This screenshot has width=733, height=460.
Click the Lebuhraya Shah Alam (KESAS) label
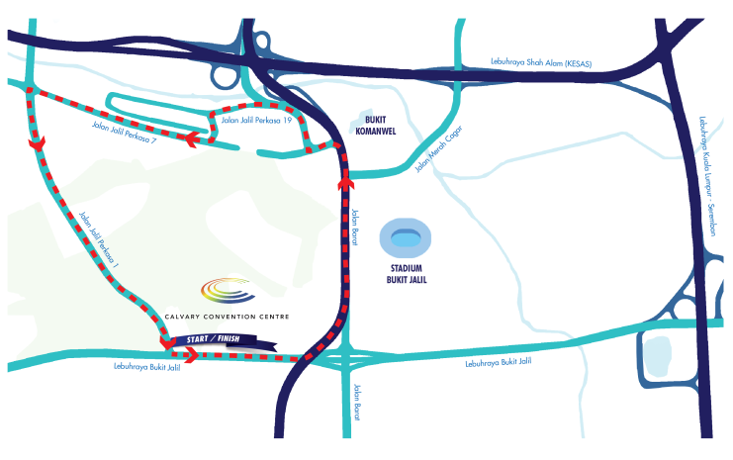pos(541,62)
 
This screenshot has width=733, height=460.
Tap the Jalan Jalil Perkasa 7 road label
pos(124,133)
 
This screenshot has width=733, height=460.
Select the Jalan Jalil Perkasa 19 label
pos(256,120)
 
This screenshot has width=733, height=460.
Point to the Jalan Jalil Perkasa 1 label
pos(99,239)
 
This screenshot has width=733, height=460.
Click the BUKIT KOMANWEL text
pos(375,126)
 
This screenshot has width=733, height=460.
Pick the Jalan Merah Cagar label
pos(438,148)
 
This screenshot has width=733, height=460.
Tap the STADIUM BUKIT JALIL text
pos(407,274)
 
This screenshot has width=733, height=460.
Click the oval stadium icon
pos(406,238)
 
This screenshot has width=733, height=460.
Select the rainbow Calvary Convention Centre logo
pos(229,290)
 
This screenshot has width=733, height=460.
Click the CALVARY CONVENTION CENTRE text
pos(228,317)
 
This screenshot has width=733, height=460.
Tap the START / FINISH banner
pos(226,340)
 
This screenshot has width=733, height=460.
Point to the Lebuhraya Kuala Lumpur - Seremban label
pos(707,176)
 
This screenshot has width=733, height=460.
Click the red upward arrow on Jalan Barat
pos(346,181)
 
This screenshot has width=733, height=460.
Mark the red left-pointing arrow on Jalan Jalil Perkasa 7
pos(192,139)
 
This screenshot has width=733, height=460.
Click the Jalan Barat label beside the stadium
pos(355,227)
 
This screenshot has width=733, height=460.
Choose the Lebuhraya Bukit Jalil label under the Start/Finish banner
pos(146,367)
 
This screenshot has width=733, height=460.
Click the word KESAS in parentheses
pos(579,63)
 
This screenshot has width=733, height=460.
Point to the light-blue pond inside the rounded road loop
pos(658,357)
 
